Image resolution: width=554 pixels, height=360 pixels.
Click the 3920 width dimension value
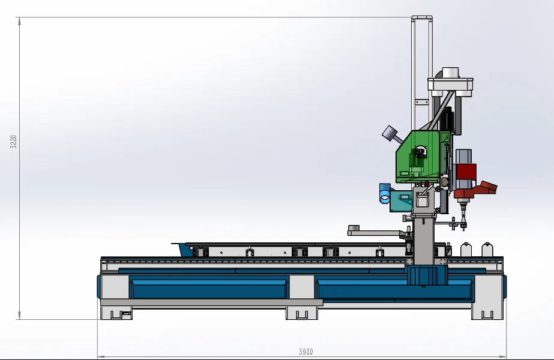click(306, 352)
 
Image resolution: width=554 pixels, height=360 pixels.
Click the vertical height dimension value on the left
click(13, 142)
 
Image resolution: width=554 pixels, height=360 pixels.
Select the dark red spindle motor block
click(466, 172)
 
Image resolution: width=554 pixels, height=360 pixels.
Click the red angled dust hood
click(487, 187)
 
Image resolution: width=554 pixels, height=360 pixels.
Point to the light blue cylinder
click(385, 193)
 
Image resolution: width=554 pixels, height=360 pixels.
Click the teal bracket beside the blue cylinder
click(401, 202)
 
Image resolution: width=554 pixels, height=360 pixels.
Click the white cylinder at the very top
click(451, 73)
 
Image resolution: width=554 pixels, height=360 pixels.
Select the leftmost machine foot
click(116, 313)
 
